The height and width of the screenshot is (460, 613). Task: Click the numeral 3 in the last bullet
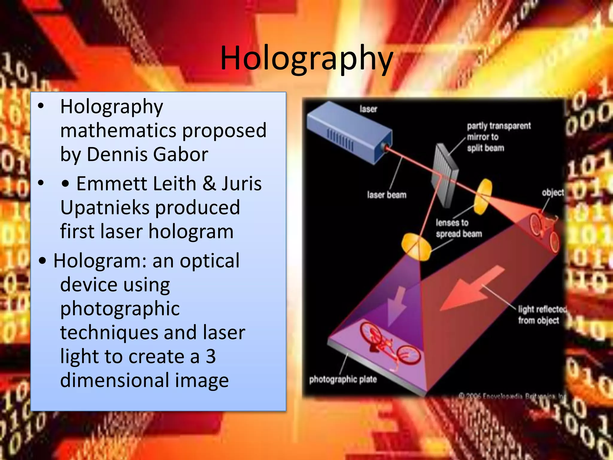(211, 356)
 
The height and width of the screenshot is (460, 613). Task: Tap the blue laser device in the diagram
(349, 132)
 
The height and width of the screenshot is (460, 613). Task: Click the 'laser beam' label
(387, 195)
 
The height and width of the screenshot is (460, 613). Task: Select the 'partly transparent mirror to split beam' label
(498, 137)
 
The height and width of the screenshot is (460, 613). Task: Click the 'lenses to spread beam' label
(459, 228)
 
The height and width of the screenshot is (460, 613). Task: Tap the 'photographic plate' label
(343, 379)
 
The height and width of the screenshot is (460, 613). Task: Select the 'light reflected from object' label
(542, 315)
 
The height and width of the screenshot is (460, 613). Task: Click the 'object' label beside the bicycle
(553, 193)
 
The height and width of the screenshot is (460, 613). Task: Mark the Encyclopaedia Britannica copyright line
(512, 396)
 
